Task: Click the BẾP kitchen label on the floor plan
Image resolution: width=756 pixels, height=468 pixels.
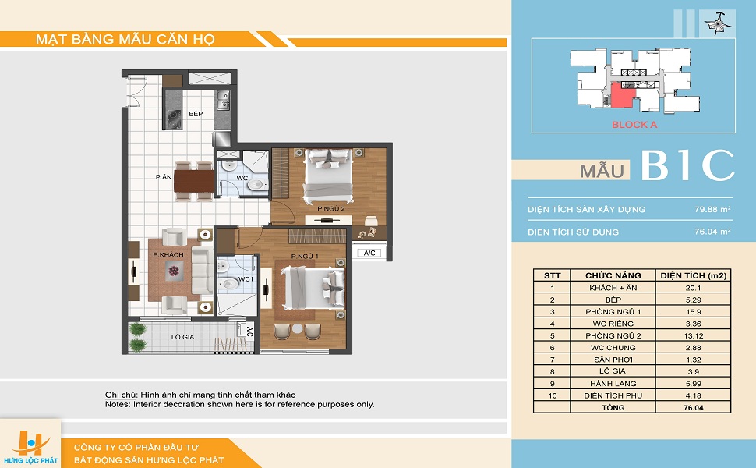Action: [x=196, y=114]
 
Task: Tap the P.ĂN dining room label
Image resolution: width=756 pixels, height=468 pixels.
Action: [x=164, y=177]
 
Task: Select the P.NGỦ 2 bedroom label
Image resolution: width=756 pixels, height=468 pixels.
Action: [x=330, y=209]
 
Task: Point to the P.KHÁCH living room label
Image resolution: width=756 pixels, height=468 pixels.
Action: [x=168, y=255]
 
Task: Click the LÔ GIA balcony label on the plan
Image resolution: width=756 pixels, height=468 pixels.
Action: [x=182, y=337]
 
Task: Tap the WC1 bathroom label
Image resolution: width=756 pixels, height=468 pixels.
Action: [x=246, y=279]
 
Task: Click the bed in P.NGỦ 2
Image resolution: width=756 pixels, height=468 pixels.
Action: [x=328, y=175]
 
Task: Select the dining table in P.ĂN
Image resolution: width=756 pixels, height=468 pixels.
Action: [x=194, y=182]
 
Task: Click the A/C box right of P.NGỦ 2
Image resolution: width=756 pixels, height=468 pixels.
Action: [x=369, y=253]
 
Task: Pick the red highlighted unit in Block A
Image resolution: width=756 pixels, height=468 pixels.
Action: [x=622, y=94]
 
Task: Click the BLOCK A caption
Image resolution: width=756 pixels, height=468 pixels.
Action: [x=634, y=125]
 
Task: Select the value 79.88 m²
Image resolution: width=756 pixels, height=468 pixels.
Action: [x=712, y=209]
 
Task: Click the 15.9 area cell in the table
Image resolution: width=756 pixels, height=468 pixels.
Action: [x=694, y=312]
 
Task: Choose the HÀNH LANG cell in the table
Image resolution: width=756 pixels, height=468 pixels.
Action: [x=613, y=384]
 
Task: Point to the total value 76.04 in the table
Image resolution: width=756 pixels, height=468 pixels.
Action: [x=694, y=408]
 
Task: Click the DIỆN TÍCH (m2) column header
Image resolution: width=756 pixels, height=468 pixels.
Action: [x=694, y=275]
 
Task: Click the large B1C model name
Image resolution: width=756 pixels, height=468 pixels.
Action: [x=687, y=165]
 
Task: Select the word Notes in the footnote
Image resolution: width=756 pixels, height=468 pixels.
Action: [x=117, y=404]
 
